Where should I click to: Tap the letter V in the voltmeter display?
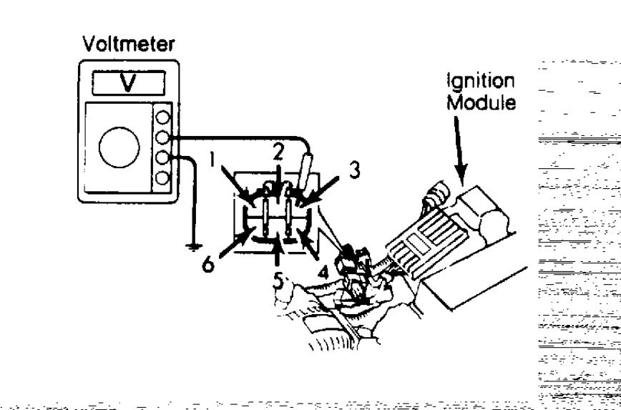click(124, 83)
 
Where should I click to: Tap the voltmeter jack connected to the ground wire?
click(162, 157)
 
